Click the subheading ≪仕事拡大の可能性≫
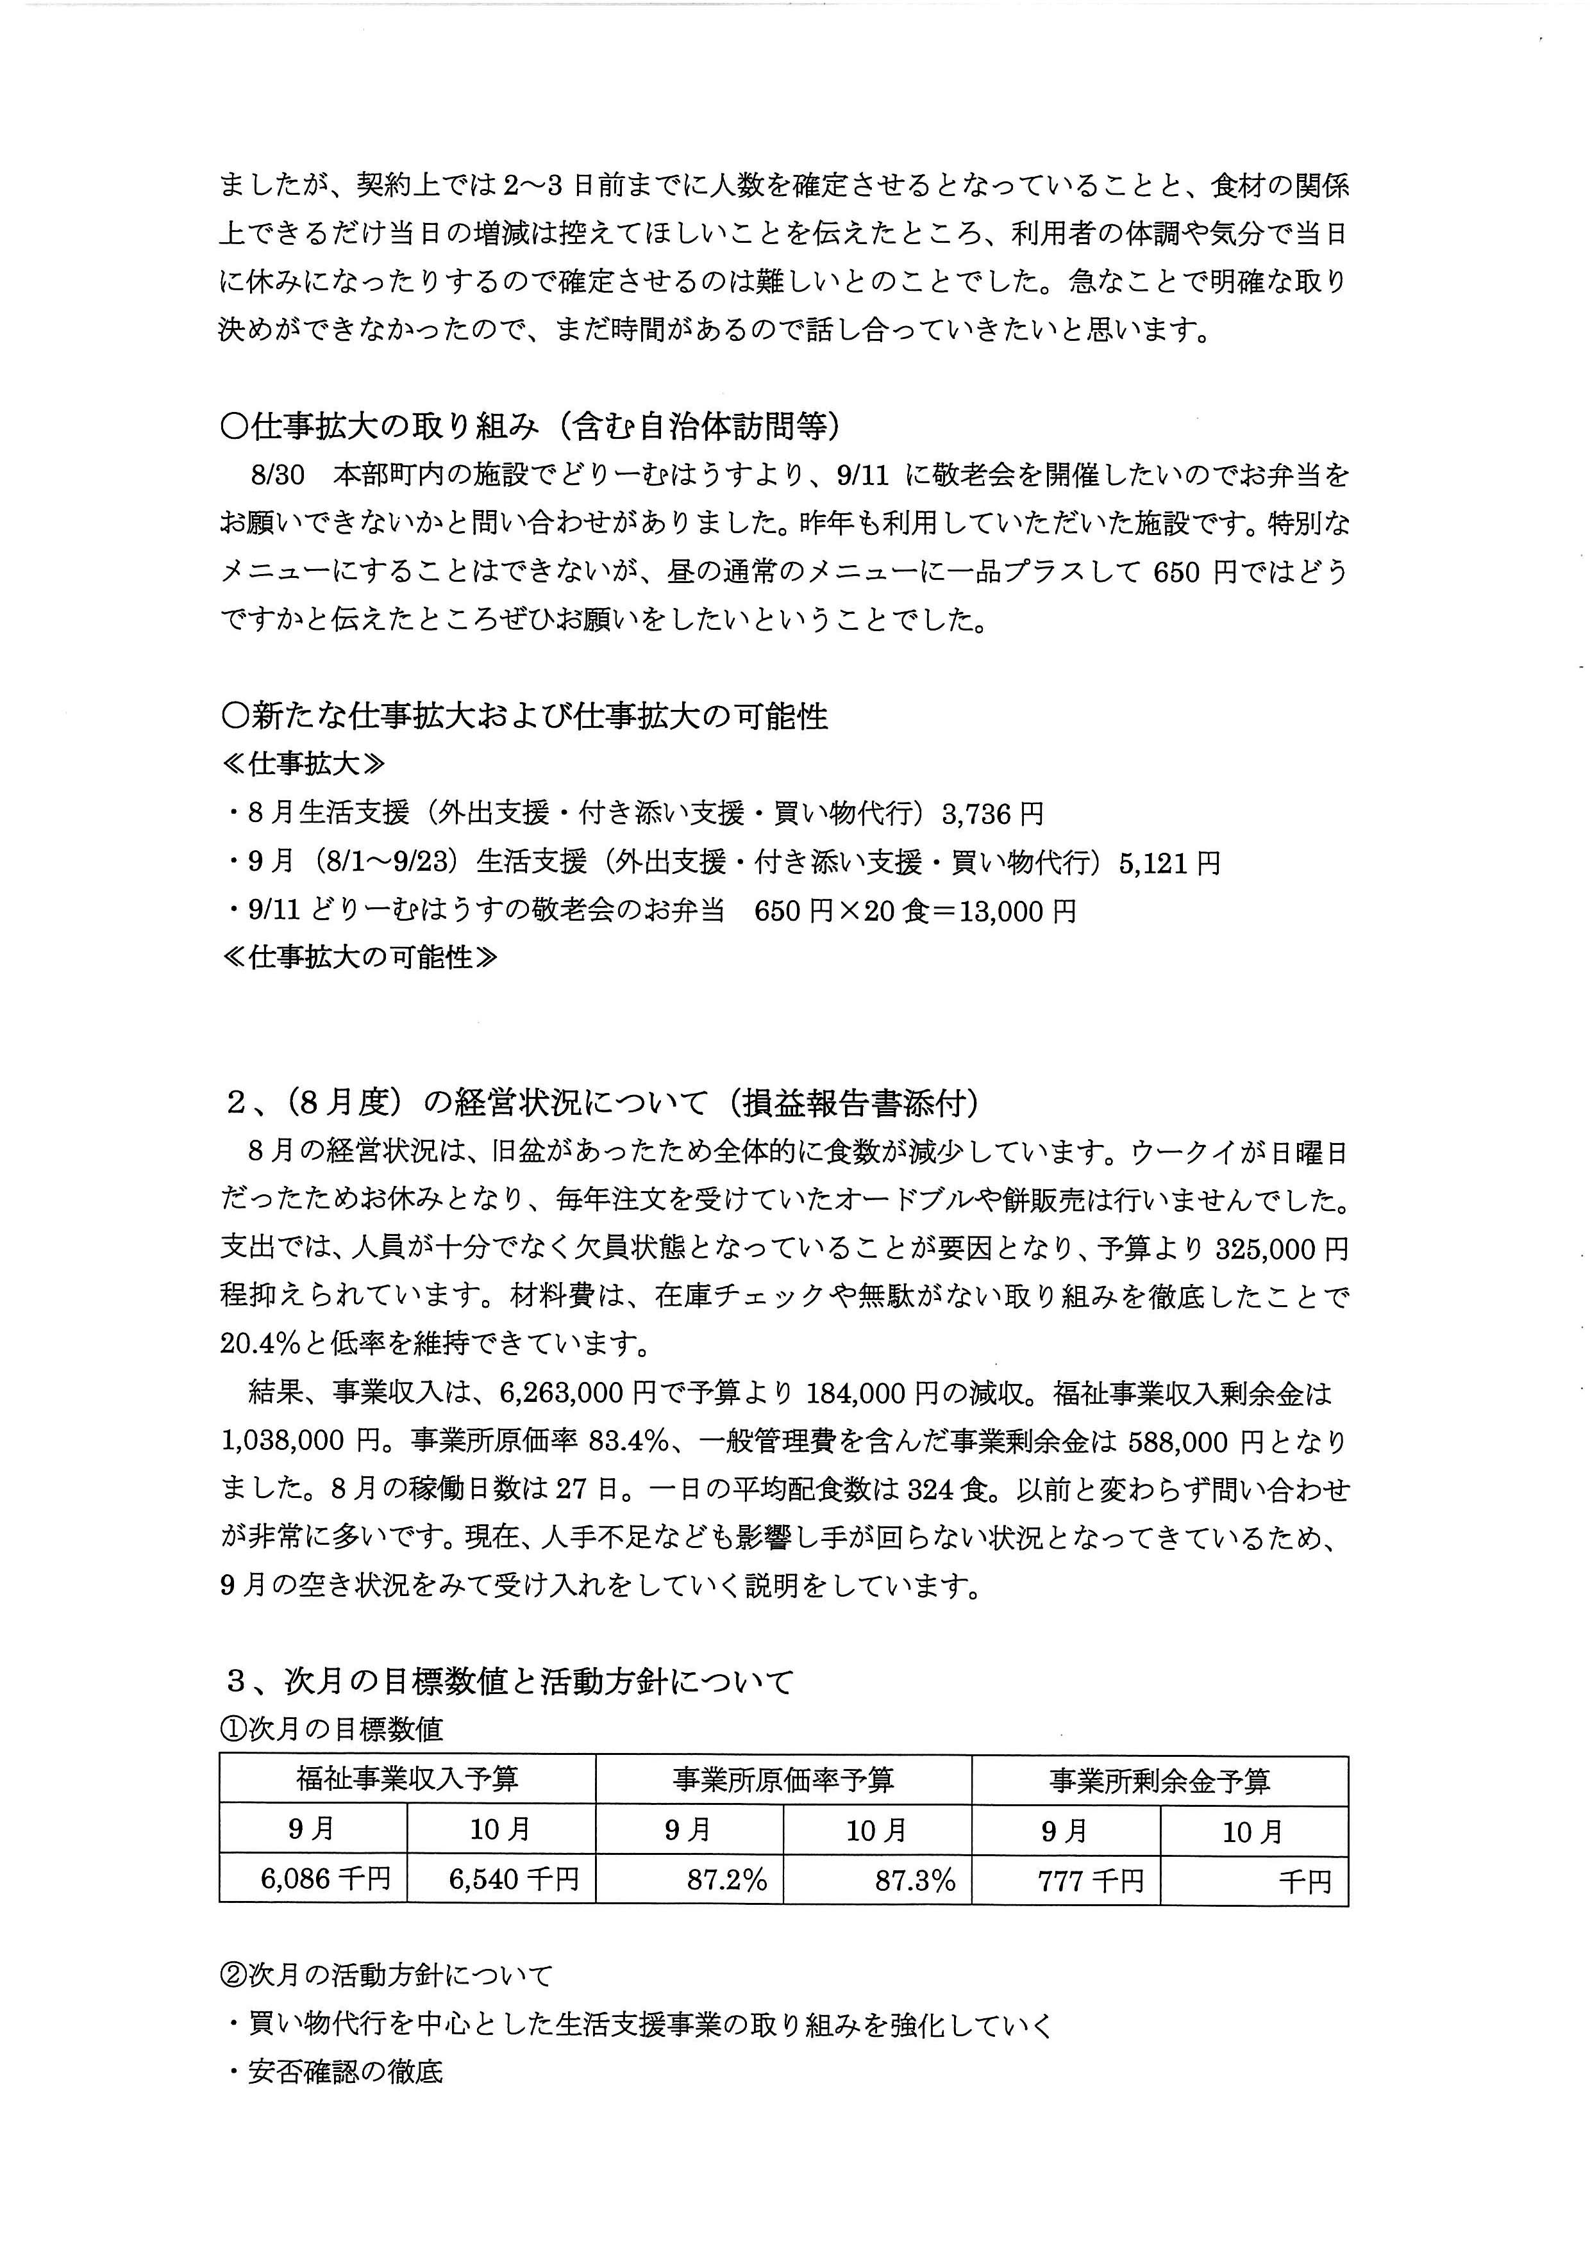pyautogui.click(x=359, y=957)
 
